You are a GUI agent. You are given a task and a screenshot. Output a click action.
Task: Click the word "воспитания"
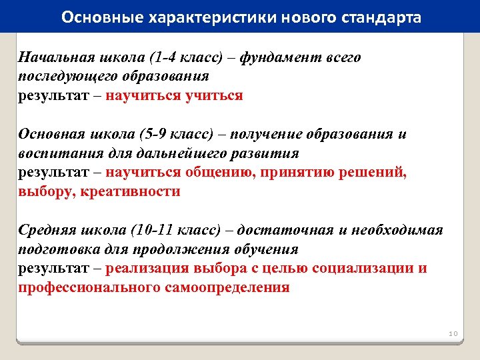pyautogui.click(x=58, y=153)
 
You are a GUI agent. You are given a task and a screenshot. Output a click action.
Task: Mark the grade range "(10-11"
pyautogui.click(x=154, y=230)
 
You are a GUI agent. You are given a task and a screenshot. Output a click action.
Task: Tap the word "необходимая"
pyautogui.click(x=404, y=230)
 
